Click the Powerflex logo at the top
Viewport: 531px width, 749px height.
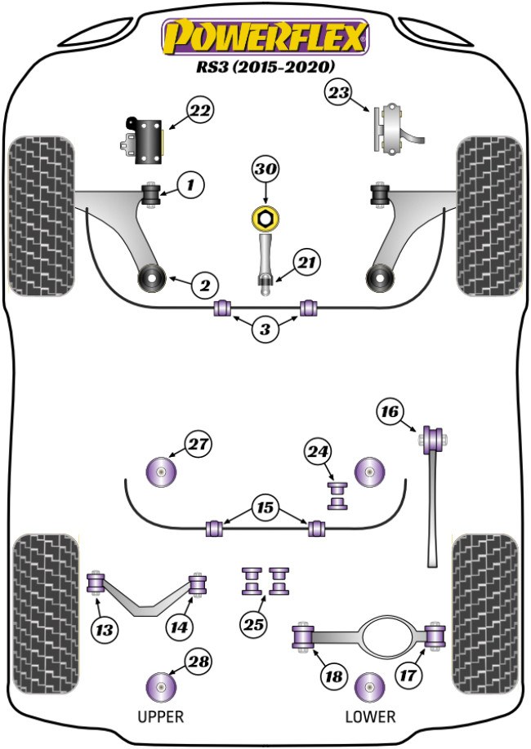[x=265, y=37]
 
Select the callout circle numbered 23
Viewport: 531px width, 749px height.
[x=339, y=93]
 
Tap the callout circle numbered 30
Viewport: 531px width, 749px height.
[x=265, y=171]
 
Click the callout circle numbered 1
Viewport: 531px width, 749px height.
[x=190, y=186]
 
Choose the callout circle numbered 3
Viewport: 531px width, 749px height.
[x=265, y=330]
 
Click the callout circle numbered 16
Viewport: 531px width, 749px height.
[x=391, y=413]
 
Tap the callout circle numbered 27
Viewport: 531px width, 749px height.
[x=197, y=445]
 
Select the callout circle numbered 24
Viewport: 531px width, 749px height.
[x=319, y=451]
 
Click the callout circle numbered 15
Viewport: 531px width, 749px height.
[x=265, y=507]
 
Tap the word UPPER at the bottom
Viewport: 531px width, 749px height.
[x=159, y=717]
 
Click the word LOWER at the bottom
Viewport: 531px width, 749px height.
[x=370, y=717]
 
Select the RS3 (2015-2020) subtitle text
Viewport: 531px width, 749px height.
[x=265, y=67]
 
